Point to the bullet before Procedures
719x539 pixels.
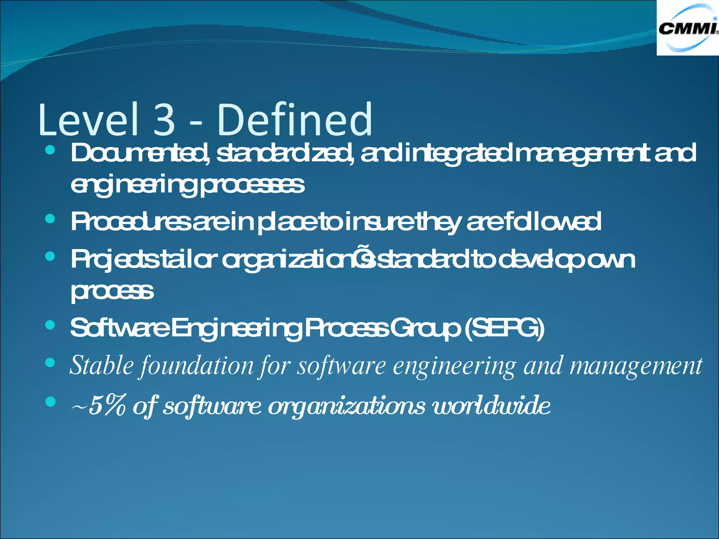[x=51, y=219]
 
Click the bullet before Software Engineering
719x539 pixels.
[x=51, y=325]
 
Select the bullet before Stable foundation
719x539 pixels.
[x=51, y=363]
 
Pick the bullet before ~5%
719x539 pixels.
[x=51, y=402]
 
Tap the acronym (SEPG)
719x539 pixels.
[x=504, y=328]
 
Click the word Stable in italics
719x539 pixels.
[x=102, y=366]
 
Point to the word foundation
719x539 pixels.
[x=197, y=366]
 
